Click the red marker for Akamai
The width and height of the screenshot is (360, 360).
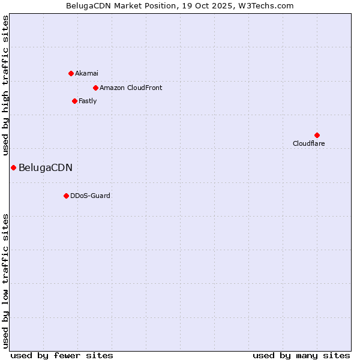pyautogui.click(x=71, y=73)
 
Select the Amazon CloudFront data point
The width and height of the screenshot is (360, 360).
pyautogui.click(x=95, y=88)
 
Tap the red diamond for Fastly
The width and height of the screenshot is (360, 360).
pyautogui.click(x=74, y=101)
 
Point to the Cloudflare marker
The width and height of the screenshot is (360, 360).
pyautogui.click(x=317, y=135)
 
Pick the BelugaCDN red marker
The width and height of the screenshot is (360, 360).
pyautogui.click(x=13, y=167)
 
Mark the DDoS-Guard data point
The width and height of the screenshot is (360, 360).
pyautogui.click(x=66, y=196)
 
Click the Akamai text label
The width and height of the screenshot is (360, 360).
pyautogui.click(x=87, y=73)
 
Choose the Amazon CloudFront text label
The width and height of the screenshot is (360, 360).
pyautogui.click(x=131, y=88)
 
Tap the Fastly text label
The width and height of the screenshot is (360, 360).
pyautogui.click(x=88, y=101)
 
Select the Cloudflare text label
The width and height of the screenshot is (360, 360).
pyautogui.click(x=308, y=143)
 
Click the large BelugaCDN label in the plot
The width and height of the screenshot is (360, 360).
pyautogui.click(x=46, y=167)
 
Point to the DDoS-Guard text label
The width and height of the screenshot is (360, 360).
pyautogui.click(x=90, y=196)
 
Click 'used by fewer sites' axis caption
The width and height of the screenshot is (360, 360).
pyautogui.click(x=62, y=355)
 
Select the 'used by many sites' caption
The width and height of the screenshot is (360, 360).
pyautogui.click(x=301, y=355)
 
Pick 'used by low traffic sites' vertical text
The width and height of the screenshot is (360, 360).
pyautogui.click(x=5, y=280)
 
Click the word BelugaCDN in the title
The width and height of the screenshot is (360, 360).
pyautogui.click(x=87, y=5)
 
